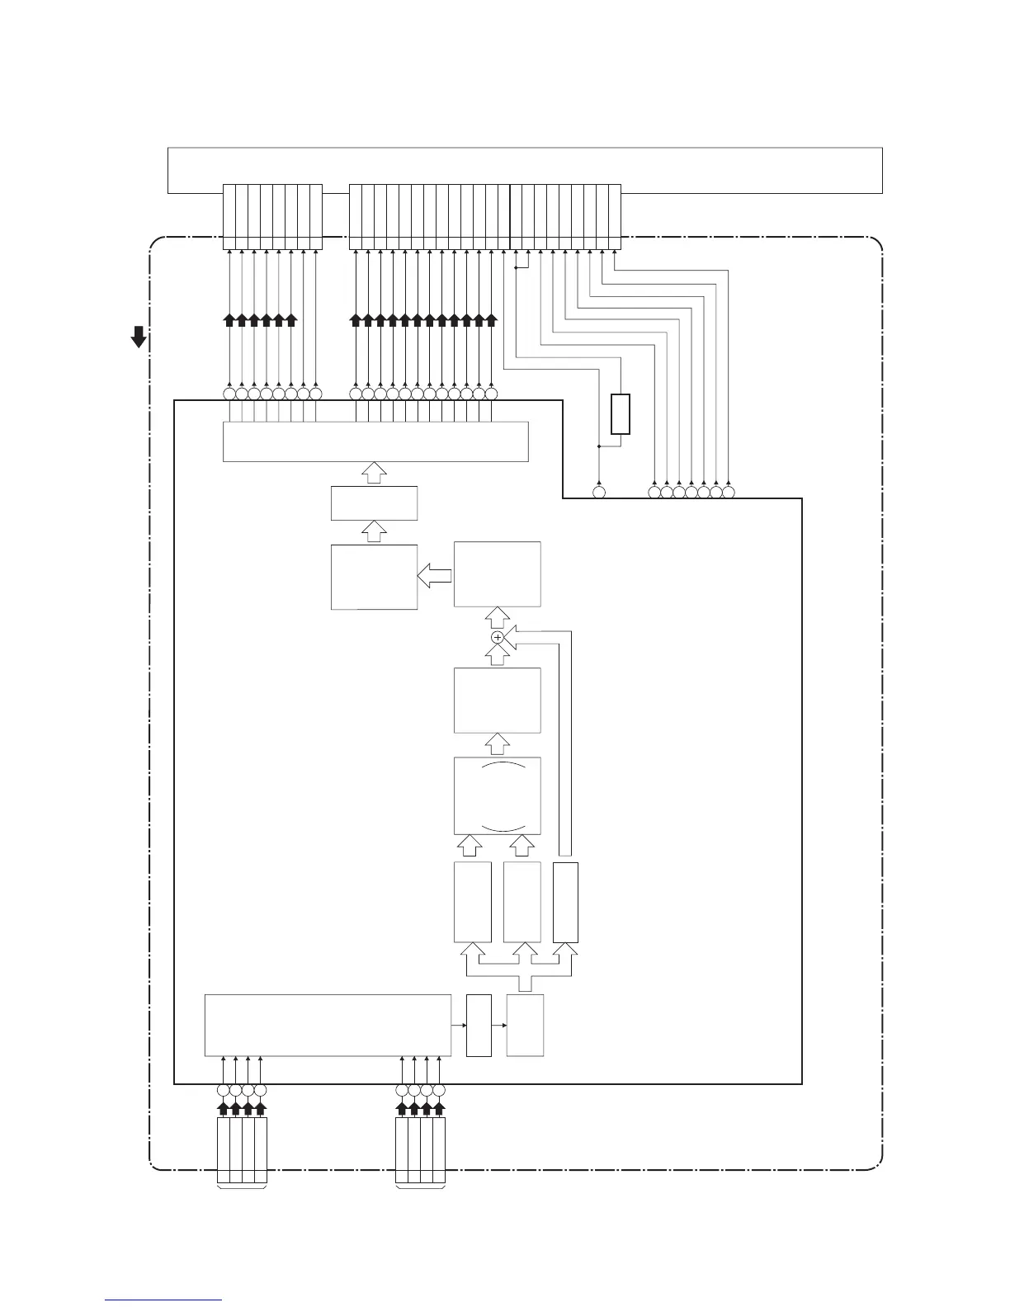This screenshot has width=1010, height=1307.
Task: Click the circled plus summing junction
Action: click(x=497, y=638)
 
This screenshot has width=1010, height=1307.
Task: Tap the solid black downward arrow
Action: click(x=139, y=337)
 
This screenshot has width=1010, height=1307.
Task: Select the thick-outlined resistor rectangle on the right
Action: click(x=621, y=414)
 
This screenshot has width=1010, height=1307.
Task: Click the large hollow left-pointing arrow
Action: click(x=435, y=576)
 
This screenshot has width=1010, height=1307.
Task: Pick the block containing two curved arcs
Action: click(x=498, y=795)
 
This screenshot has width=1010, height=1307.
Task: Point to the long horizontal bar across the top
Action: click(x=525, y=170)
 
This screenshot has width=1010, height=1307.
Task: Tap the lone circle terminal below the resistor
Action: click(x=599, y=493)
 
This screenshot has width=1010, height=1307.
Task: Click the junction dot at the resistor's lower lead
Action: click(x=598, y=446)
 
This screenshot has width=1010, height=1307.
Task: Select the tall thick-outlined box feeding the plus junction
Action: click(x=565, y=902)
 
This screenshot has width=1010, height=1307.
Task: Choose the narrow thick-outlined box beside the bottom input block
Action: click(x=479, y=1025)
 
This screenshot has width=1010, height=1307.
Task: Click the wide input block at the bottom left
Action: click(x=328, y=1025)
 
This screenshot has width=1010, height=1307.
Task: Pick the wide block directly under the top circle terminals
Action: click(x=375, y=441)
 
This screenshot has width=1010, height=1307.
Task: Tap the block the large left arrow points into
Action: click(x=374, y=577)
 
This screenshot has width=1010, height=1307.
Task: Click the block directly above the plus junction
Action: click(x=498, y=574)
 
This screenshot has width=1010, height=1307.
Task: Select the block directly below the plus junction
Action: click(x=498, y=700)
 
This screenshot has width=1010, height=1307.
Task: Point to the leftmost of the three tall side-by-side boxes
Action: click(x=473, y=902)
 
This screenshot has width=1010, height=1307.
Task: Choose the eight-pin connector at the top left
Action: click(x=272, y=216)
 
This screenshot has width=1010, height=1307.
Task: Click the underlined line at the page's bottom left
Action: click(x=163, y=1300)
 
